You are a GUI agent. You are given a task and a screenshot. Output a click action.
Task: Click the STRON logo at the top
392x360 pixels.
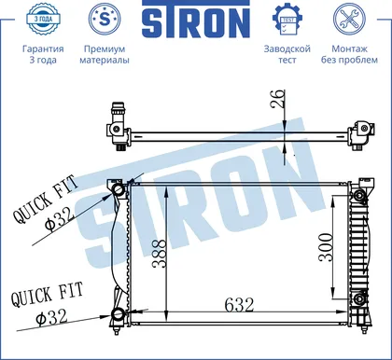point(196,20)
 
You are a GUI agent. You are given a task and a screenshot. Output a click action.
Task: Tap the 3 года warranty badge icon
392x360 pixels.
point(43,20)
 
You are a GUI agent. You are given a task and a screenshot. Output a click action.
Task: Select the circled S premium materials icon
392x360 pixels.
point(105,20)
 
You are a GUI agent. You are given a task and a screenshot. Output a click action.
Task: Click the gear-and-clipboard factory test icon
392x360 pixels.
point(287,20)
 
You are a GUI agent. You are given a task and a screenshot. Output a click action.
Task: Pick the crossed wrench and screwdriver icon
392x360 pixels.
point(349,20)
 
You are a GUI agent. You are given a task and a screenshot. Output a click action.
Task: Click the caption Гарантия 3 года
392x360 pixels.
point(43,54)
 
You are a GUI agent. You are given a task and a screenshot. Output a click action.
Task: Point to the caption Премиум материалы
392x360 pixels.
point(105,54)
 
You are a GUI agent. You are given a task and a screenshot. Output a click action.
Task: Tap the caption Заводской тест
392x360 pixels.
point(287,54)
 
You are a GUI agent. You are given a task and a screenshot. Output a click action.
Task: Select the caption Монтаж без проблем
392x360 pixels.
point(349,54)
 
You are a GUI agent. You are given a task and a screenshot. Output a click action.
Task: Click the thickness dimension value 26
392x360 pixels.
point(278,99)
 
